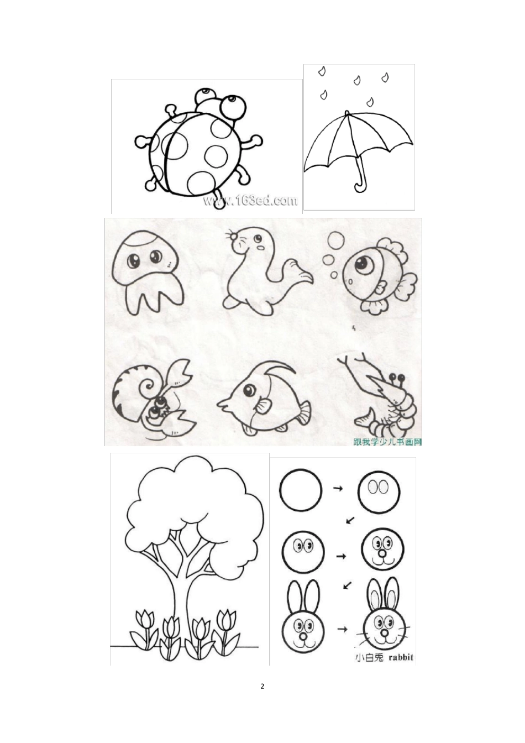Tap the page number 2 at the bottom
262,687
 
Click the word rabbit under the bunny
401,658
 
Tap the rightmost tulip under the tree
227,622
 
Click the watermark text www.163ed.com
250,201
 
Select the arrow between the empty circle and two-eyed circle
338,489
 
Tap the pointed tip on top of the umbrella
347,113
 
